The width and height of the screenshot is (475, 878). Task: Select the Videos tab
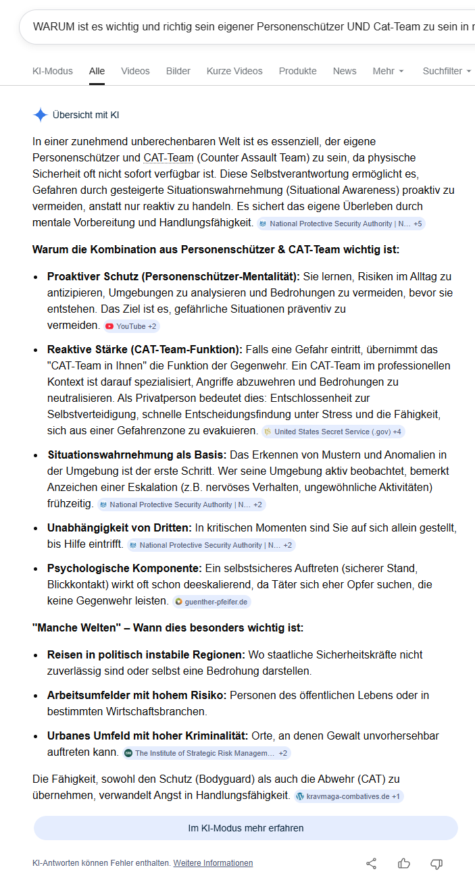pyautogui.click(x=135, y=71)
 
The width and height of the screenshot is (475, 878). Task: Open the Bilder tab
pyautogui.click(x=178, y=71)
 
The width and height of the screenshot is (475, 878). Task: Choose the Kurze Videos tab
pyautogui.click(x=234, y=71)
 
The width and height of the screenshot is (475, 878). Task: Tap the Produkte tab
pyautogui.click(x=297, y=71)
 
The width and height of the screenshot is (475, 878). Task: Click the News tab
pyautogui.click(x=345, y=71)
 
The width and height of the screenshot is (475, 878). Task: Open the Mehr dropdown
pyautogui.click(x=388, y=71)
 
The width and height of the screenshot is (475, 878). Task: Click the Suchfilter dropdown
pyautogui.click(x=447, y=71)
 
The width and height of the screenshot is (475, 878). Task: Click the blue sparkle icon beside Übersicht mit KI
pyautogui.click(x=40, y=115)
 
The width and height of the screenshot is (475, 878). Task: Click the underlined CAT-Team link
pyautogui.click(x=168, y=158)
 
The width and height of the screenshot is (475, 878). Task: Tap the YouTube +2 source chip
pyautogui.click(x=131, y=326)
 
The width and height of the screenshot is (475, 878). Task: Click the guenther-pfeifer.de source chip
pyautogui.click(x=211, y=602)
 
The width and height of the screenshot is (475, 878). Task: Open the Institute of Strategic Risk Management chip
pyautogui.click(x=206, y=753)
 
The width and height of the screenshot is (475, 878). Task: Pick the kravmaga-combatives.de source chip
pyautogui.click(x=349, y=796)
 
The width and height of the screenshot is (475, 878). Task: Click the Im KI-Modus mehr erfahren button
pyautogui.click(x=246, y=828)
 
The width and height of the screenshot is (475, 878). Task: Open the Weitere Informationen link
pyautogui.click(x=213, y=863)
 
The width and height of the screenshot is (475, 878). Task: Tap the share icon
pyautogui.click(x=371, y=863)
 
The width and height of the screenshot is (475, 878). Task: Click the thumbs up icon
pyautogui.click(x=404, y=863)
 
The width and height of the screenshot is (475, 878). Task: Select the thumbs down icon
pyautogui.click(x=436, y=863)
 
